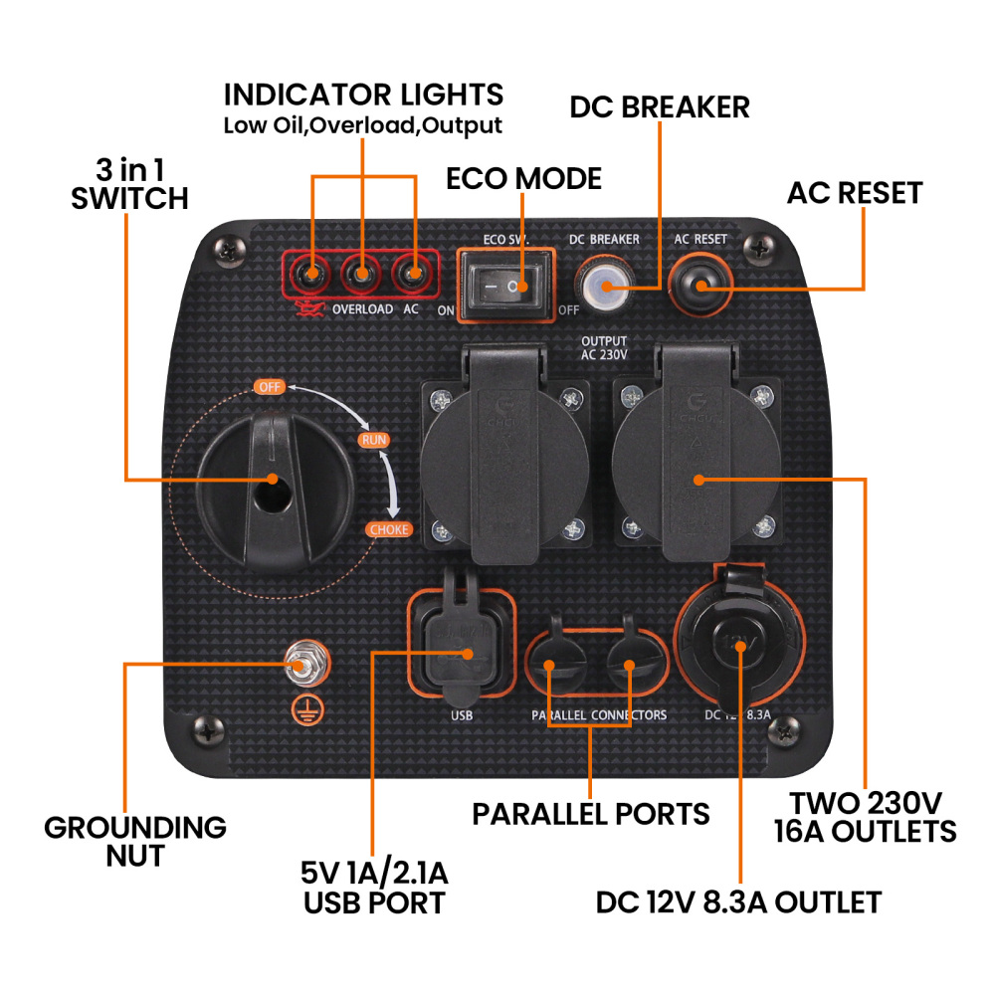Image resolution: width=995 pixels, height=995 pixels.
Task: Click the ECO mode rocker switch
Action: (505, 287)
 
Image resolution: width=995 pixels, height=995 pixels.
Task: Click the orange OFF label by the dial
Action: (268, 386)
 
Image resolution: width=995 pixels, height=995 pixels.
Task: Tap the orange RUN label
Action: (374, 440)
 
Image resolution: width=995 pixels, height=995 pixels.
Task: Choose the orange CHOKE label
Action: (388, 529)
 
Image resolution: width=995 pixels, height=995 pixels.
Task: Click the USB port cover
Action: (462, 647)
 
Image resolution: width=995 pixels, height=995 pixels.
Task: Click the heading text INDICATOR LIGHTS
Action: (363, 96)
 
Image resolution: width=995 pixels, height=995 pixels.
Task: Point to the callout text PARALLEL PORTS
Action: (591, 814)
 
